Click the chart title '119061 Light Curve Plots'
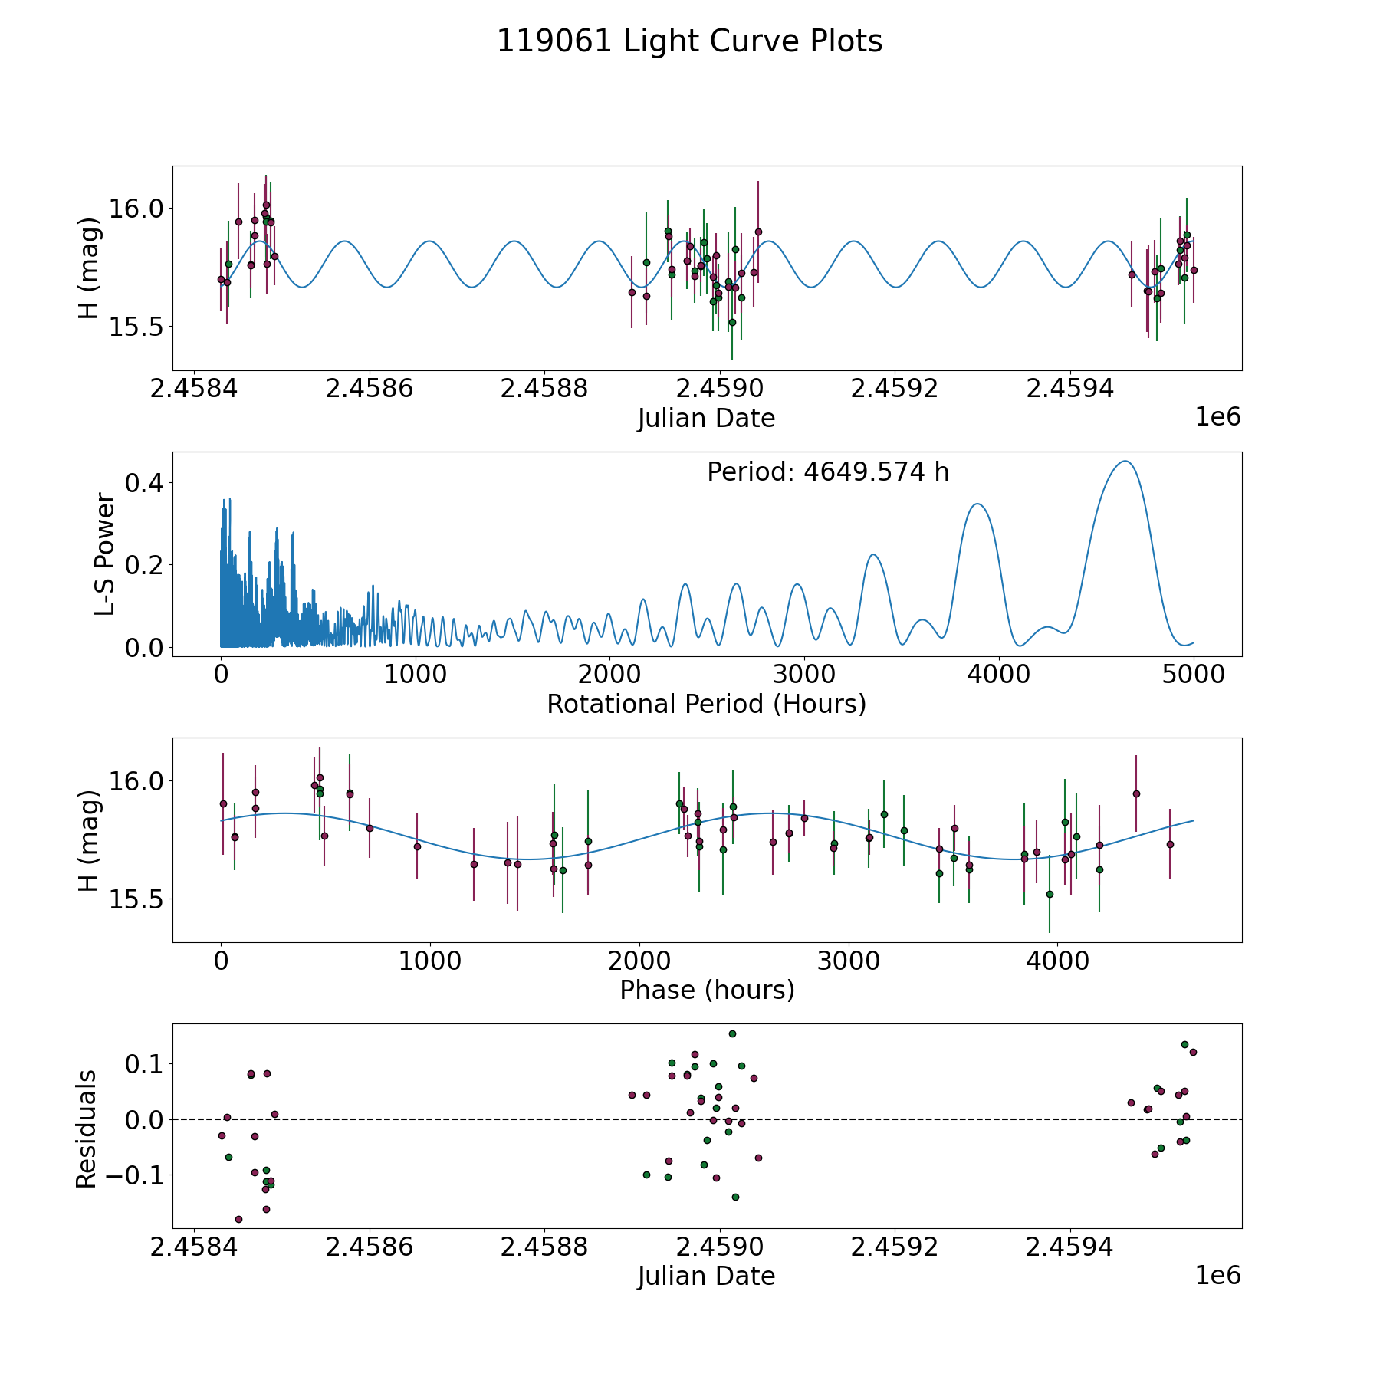click(x=689, y=41)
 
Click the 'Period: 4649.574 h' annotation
click(x=828, y=472)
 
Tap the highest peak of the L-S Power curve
click(x=1125, y=462)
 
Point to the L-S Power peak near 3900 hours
click(x=978, y=504)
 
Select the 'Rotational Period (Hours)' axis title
click(x=706, y=704)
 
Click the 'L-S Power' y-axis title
click(x=106, y=554)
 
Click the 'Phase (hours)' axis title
click(x=706, y=990)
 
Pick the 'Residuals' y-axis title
click(x=87, y=1129)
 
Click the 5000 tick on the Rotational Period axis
click(x=1193, y=675)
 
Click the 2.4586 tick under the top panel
click(x=369, y=389)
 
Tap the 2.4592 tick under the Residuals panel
click(x=895, y=1247)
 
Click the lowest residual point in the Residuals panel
click(x=238, y=1219)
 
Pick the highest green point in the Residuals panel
click(x=732, y=1033)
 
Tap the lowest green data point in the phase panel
click(x=1050, y=894)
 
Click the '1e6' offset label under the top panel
click(x=1217, y=417)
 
